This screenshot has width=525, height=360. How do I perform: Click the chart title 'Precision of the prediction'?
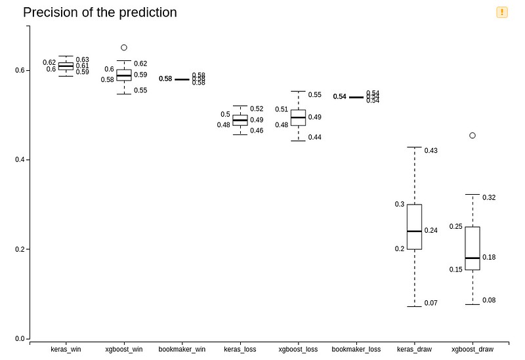click(100, 12)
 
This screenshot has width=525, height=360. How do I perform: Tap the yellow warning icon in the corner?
click(502, 12)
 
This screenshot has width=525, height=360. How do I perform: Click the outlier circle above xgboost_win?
click(124, 47)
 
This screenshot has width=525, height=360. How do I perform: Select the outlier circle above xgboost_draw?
click(472, 135)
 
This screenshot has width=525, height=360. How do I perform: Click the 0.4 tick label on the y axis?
click(20, 160)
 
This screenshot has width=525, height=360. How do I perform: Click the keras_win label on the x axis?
click(66, 350)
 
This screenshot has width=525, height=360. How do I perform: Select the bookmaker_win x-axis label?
click(182, 350)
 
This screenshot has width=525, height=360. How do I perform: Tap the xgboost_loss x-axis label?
click(299, 350)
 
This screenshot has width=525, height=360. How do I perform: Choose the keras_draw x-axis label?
click(414, 350)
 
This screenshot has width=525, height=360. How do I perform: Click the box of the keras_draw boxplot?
click(414, 226)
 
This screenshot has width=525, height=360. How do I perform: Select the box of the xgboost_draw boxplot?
click(472, 248)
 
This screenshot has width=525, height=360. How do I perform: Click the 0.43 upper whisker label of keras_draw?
click(431, 151)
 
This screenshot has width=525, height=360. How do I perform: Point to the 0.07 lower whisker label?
click(431, 303)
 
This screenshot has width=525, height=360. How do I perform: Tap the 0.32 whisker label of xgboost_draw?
click(489, 197)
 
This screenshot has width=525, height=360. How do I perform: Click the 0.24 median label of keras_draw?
click(431, 231)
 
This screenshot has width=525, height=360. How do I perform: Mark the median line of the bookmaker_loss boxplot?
click(356, 97)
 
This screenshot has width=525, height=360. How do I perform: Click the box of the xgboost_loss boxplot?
click(298, 117)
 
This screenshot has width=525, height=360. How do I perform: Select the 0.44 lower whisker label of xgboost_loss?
click(315, 138)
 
